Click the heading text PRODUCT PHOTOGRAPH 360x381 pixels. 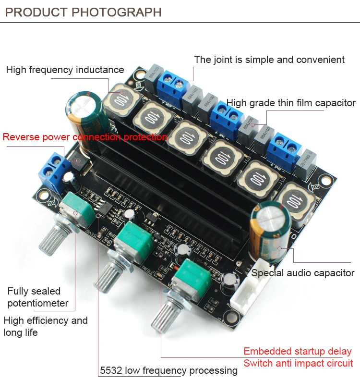point(84,12)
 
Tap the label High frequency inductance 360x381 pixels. point(65,70)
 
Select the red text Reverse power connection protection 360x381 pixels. point(84,137)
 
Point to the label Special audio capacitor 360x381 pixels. point(303,273)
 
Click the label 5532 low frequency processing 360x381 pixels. point(168,370)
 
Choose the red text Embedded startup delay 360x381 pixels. point(298,351)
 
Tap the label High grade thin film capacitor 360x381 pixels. point(291,103)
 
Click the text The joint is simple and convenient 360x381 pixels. point(269,60)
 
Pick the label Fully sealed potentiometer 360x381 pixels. point(37,297)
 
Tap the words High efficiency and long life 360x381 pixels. point(45,326)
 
